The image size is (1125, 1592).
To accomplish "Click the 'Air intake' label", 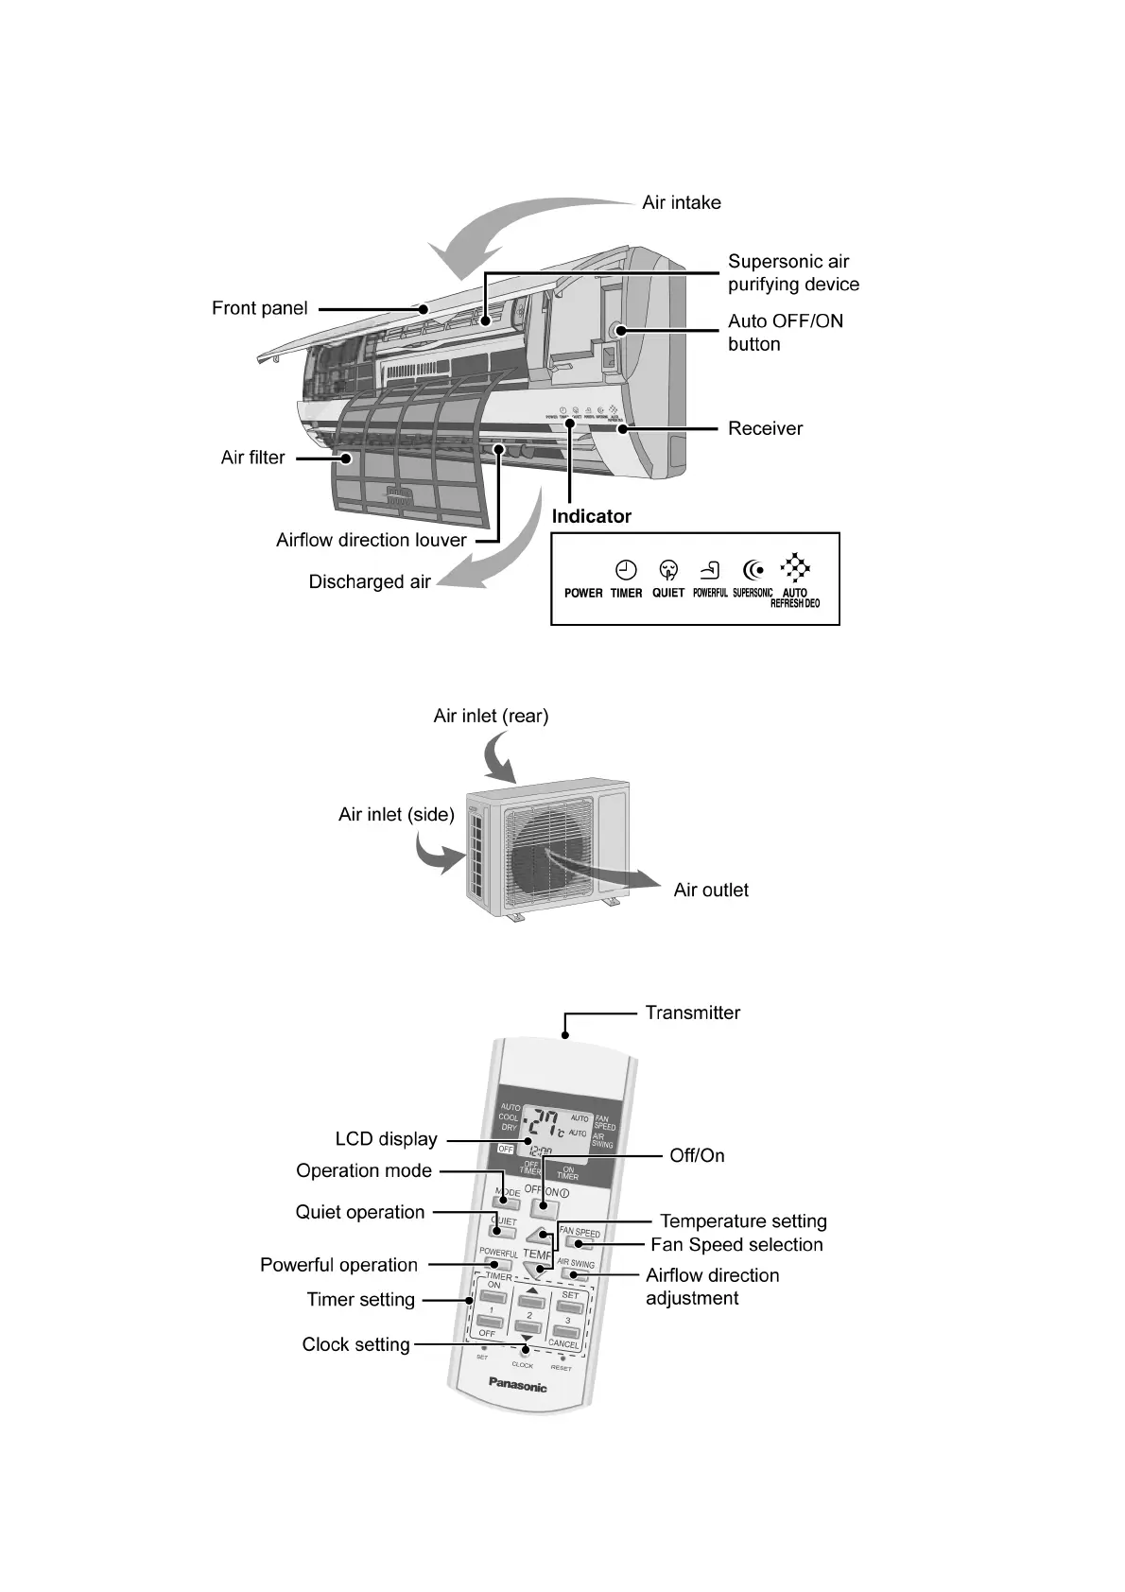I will coord(681,202).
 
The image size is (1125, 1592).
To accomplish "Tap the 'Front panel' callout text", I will coord(259,308).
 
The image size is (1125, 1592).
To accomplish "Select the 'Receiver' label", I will coord(765,428).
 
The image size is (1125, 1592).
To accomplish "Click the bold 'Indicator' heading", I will coord(591,516).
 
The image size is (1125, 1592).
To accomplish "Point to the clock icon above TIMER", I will coord(626,570).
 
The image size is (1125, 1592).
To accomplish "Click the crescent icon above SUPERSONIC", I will coord(753,570).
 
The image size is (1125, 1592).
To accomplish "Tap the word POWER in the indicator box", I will coord(583,594).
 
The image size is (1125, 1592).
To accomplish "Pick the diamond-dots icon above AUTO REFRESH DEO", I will coord(795,567).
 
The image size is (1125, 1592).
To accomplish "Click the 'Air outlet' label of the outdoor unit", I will coord(711,890).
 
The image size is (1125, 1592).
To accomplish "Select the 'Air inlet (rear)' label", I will coord(491,716).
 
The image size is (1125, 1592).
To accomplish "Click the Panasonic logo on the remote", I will coord(517,1386).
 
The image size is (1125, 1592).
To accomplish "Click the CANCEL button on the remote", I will coord(564,1333).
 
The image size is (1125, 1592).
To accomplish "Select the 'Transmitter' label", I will coord(692,1012).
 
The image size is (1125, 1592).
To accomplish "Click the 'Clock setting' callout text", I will coord(355,1344).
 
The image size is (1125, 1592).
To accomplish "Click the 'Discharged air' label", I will coord(370,581).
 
